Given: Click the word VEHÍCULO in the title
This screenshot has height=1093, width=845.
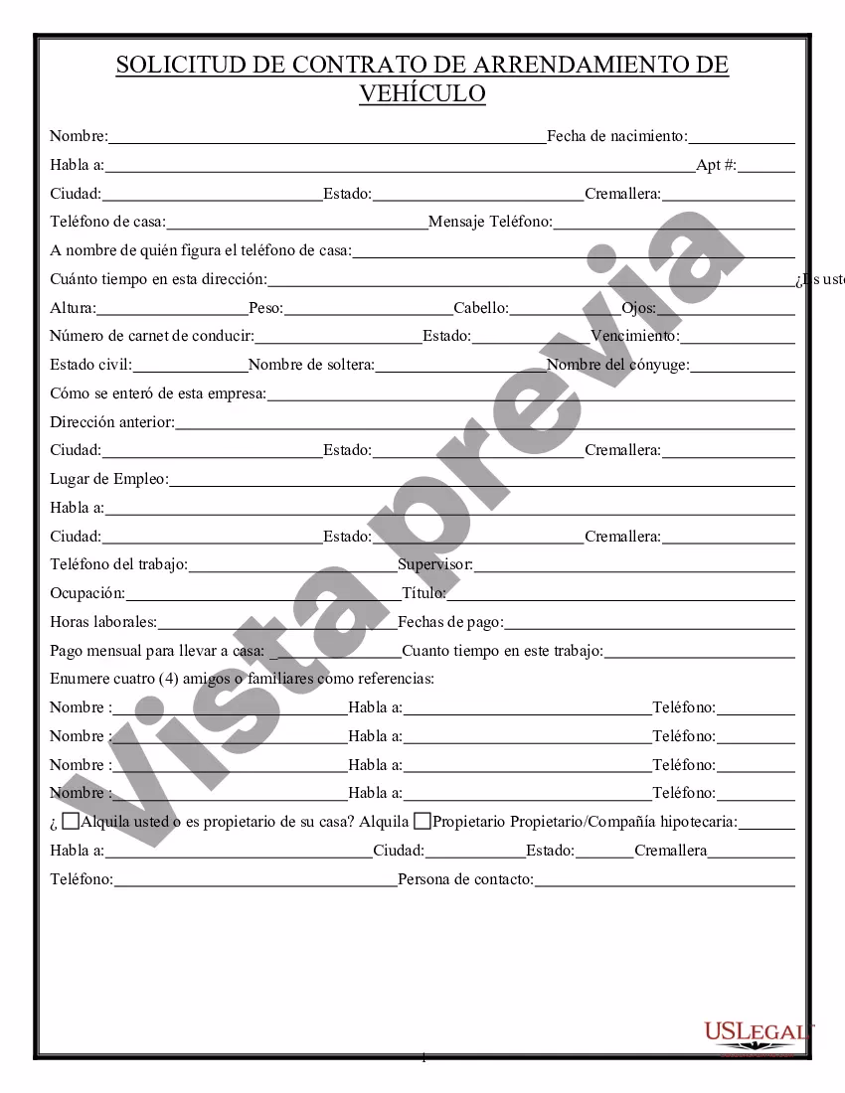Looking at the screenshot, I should pos(422,94).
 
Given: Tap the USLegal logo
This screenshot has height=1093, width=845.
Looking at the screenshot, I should pos(758,1034).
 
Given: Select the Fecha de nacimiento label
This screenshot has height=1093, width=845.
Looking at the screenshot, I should pos(616,136).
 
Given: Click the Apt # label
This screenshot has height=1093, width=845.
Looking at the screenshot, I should pos(716,165).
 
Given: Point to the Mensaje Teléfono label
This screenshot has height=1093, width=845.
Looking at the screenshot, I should pos(490,222).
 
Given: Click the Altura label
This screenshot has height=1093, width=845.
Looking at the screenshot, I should pos(73,308).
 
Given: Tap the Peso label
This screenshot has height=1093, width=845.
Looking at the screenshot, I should pos(265,308).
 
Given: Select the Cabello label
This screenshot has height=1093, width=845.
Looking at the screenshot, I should pos(481,308).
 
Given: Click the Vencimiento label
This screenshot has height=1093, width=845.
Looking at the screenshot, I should pos(634,336).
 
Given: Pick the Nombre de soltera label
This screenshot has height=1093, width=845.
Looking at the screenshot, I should pos(311,365).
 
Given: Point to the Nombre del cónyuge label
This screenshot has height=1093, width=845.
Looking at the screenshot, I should pos(617,365).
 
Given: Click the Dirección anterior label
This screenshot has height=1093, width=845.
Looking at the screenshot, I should pos(112,422).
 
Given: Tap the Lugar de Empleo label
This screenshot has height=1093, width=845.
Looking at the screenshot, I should pos(109,479).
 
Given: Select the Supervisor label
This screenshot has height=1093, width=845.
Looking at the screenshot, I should pos(435,565).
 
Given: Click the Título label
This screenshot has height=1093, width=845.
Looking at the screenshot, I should pos(423,594).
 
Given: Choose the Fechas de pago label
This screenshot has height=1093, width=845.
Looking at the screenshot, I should pos(450,623).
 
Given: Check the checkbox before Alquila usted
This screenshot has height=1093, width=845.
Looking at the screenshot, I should pos(71,821).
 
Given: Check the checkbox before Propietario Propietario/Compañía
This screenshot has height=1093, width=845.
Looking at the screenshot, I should pos(422,821).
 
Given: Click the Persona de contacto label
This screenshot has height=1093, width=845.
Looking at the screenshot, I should pos(465,879).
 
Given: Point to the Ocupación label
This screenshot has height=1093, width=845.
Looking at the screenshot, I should pos(87,594).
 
